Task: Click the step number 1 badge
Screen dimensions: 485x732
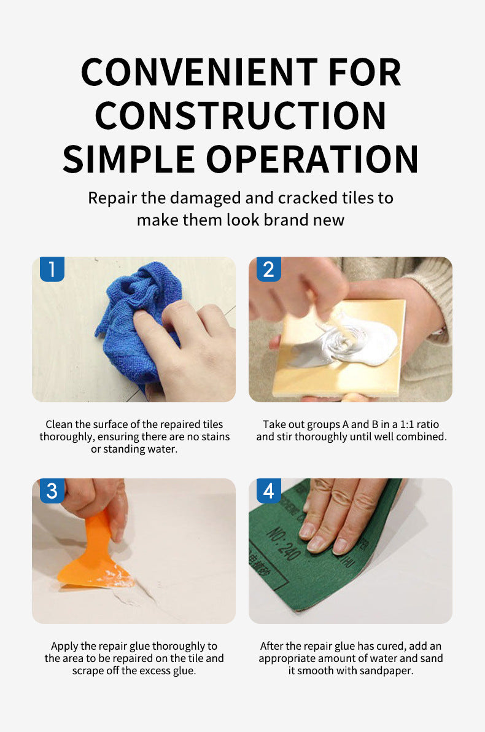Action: (x=52, y=270)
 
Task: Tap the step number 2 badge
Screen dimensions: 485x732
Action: (x=268, y=270)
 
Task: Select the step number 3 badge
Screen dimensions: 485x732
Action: (x=52, y=491)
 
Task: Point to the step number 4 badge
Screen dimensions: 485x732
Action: (x=268, y=491)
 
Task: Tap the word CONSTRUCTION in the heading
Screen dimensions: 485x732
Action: (x=241, y=115)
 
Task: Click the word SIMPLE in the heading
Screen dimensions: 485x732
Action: (x=129, y=159)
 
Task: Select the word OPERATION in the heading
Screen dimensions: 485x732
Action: (x=312, y=159)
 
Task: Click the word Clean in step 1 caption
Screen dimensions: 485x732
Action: (x=59, y=424)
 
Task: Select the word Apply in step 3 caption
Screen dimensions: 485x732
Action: (x=64, y=647)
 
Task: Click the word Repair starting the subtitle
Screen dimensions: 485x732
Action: (x=112, y=198)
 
